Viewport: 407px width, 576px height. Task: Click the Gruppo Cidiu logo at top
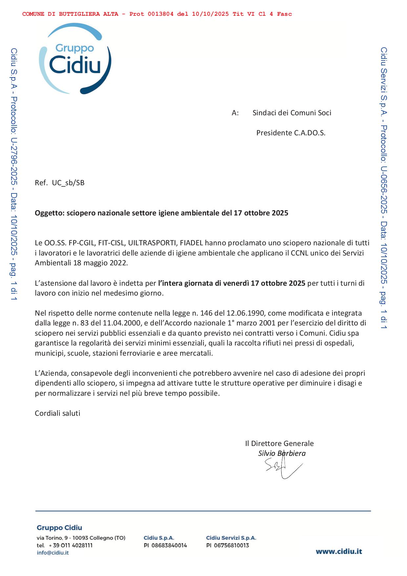75,58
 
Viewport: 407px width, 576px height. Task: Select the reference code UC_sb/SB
68,183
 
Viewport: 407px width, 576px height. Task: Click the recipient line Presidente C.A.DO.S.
291,133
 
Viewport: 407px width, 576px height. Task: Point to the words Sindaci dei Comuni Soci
292,113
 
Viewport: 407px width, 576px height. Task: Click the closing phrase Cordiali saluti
57,413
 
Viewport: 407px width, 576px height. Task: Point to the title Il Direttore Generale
279,444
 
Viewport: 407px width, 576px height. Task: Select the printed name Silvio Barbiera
282,454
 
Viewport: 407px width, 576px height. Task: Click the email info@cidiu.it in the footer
53,553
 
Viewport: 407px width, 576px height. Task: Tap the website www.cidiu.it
339,551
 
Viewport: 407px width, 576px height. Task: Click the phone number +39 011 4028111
70,545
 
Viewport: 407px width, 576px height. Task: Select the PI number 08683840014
169,545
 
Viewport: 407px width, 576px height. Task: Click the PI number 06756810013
231,545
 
